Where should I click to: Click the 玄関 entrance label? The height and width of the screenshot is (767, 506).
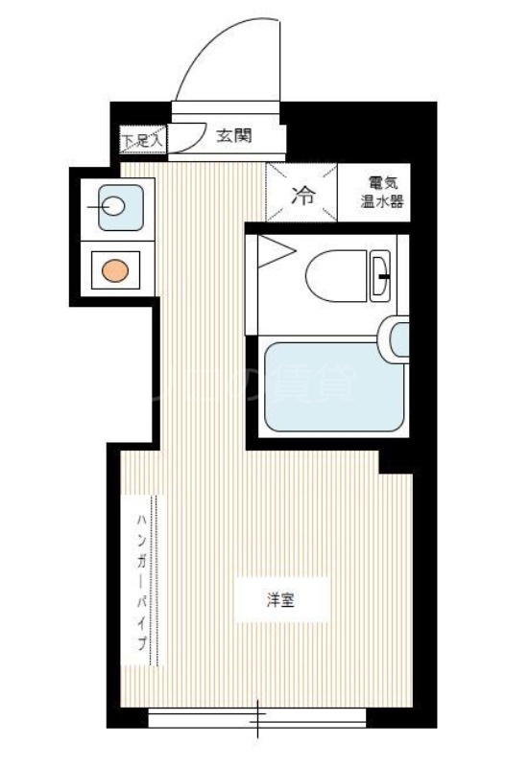(233, 136)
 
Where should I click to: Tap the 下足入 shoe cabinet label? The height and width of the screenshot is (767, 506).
(142, 140)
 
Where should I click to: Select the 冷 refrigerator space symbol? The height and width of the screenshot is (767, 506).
(302, 197)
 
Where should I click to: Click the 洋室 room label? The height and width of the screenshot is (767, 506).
(280, 601)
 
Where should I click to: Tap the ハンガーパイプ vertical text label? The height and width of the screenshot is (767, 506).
(141, 581)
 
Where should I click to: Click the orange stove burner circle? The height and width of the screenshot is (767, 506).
(115, 270)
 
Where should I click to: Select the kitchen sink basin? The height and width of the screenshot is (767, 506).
(114, 204)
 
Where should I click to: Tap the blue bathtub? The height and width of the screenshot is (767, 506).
(332, 386)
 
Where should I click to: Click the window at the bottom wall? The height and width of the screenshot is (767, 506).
(257, 716)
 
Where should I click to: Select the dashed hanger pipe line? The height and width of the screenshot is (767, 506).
(159, 581)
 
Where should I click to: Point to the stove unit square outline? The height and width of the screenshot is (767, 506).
(115, 270)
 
